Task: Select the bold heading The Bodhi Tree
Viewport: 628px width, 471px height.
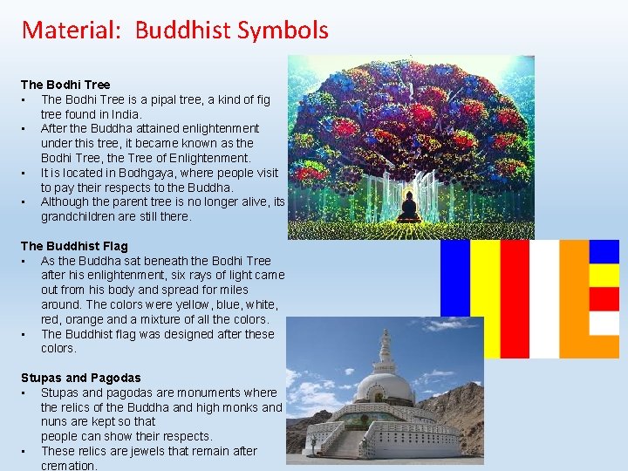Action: (65, 85)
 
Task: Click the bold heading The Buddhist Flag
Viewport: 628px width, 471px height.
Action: (74, 246)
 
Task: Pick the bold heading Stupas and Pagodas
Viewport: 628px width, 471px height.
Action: (80, 378)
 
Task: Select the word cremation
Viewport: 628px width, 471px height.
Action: (69, 466)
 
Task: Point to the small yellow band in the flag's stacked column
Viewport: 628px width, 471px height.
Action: (604, 276)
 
